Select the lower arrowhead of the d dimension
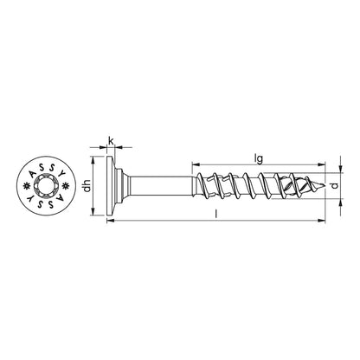tap(338, 198)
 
